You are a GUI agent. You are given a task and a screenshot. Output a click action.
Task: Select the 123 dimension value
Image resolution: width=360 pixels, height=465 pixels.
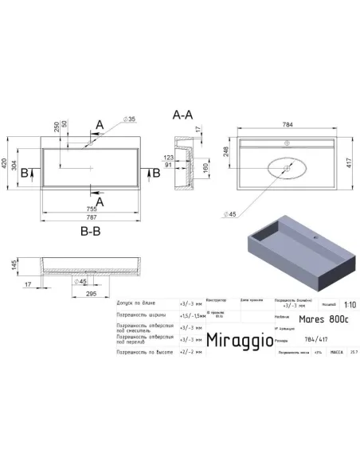pyautogui.click(x=169, y=158)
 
